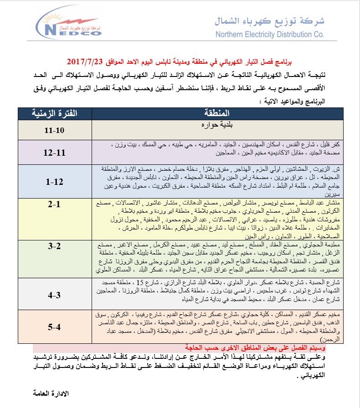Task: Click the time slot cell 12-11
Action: pyautogui.click(x=55, y=153)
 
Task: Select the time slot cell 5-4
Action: pyautogui.click(x=55, y=326)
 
